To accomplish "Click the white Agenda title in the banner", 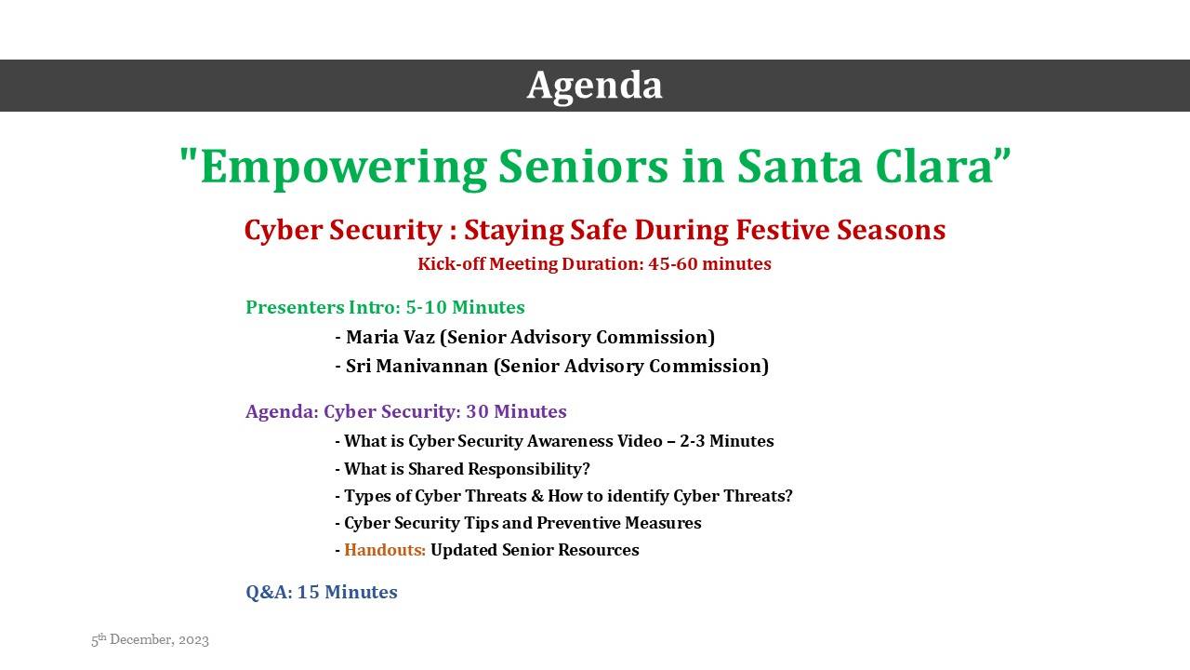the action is coord(594,86).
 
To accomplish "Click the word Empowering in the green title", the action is coord(344,167).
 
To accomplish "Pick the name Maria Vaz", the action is coord(390,337).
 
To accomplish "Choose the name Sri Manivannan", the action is coord(416,367).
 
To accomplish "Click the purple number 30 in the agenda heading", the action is coord(477,411).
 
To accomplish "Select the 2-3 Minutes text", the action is coord(727,441).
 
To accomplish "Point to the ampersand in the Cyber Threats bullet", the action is coord(537,496).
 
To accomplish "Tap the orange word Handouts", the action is coord(385,550).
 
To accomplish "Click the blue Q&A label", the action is coord(269,593).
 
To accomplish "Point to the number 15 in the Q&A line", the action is coord(308,593).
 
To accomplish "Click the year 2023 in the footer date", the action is coord(193,640).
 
